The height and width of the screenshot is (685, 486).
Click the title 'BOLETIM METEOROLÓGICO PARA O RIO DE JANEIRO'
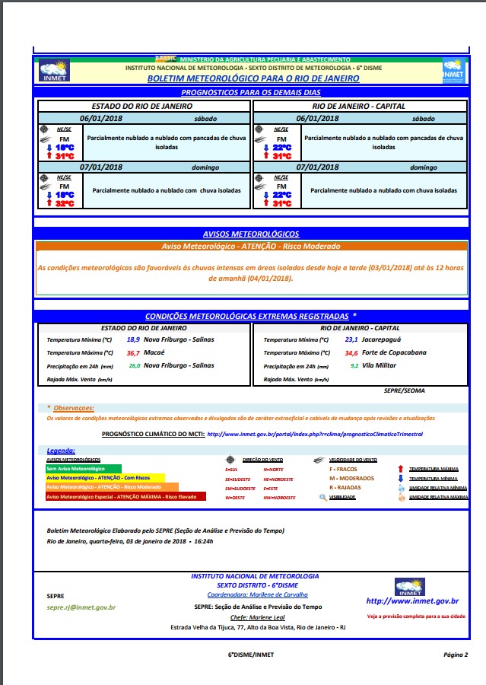pyautogui.click(x=242, y=78)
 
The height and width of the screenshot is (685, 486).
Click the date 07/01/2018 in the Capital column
pyautogui.click(x=319, y=167)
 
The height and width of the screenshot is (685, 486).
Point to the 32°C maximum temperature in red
pyautogui.click(x=65, y=203)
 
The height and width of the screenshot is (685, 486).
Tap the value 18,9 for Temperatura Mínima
pyautogui.click(x=133, y=339)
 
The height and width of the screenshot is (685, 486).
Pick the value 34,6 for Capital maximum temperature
pyautogui.click(x=351, y=352)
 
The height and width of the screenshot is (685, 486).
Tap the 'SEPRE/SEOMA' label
pyautogui.click(x=405, y=390)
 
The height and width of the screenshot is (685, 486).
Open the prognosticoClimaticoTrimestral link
pyautogui.click(x=315, y=434)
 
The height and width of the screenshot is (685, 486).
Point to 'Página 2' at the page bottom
pyautogui.click(x=456, y=655)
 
